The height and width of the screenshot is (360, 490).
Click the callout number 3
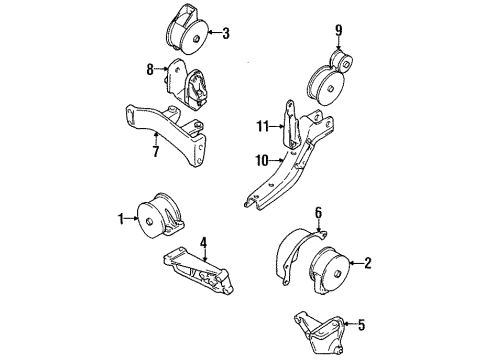click(226, 35)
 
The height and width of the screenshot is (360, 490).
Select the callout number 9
click(339, 29)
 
